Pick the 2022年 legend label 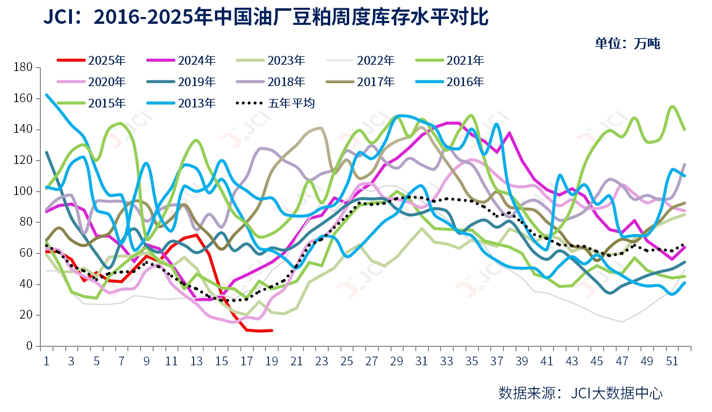click(375, 60)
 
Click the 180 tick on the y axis click(23, 67)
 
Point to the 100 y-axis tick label click(23, 191)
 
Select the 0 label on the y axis click(29, 346)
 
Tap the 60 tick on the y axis click(26, 253)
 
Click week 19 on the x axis click(271, 361)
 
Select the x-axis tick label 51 click(672, 361)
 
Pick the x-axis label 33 click(446, 361)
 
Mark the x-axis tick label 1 click(46, 361)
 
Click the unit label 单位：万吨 click(627, 43)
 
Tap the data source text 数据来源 click(527, 393)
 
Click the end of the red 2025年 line click(272, 330)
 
